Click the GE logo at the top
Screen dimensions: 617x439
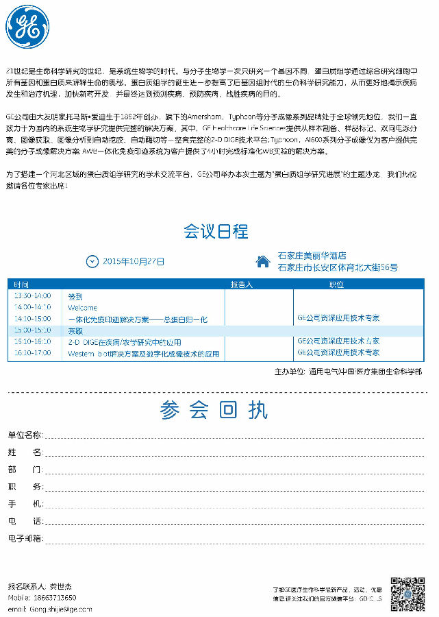coord(27,27)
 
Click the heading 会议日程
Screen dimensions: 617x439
coord(216,231)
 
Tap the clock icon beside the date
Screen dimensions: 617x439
coord(92,261)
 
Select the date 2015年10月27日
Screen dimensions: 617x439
coord(134,261)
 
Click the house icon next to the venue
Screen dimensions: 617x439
coord(262,261)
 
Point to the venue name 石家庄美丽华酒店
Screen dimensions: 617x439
coord(312,256)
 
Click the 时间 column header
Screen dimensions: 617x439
coord(21,284)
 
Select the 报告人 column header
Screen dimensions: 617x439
coord(241,284)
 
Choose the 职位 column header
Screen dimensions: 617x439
coord(336,284)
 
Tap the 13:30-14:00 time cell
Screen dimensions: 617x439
coord(32,295)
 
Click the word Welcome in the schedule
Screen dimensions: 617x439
coord(83,307)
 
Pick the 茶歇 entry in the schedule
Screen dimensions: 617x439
coord(75,330)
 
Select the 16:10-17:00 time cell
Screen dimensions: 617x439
coord(32,352)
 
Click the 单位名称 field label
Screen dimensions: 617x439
coord(25,435)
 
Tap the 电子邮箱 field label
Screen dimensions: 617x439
coord(25,538)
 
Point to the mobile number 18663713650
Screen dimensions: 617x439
coord(53,597)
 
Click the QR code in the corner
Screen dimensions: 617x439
coord(408,594)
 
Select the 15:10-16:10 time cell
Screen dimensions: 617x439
coord(32,341)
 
